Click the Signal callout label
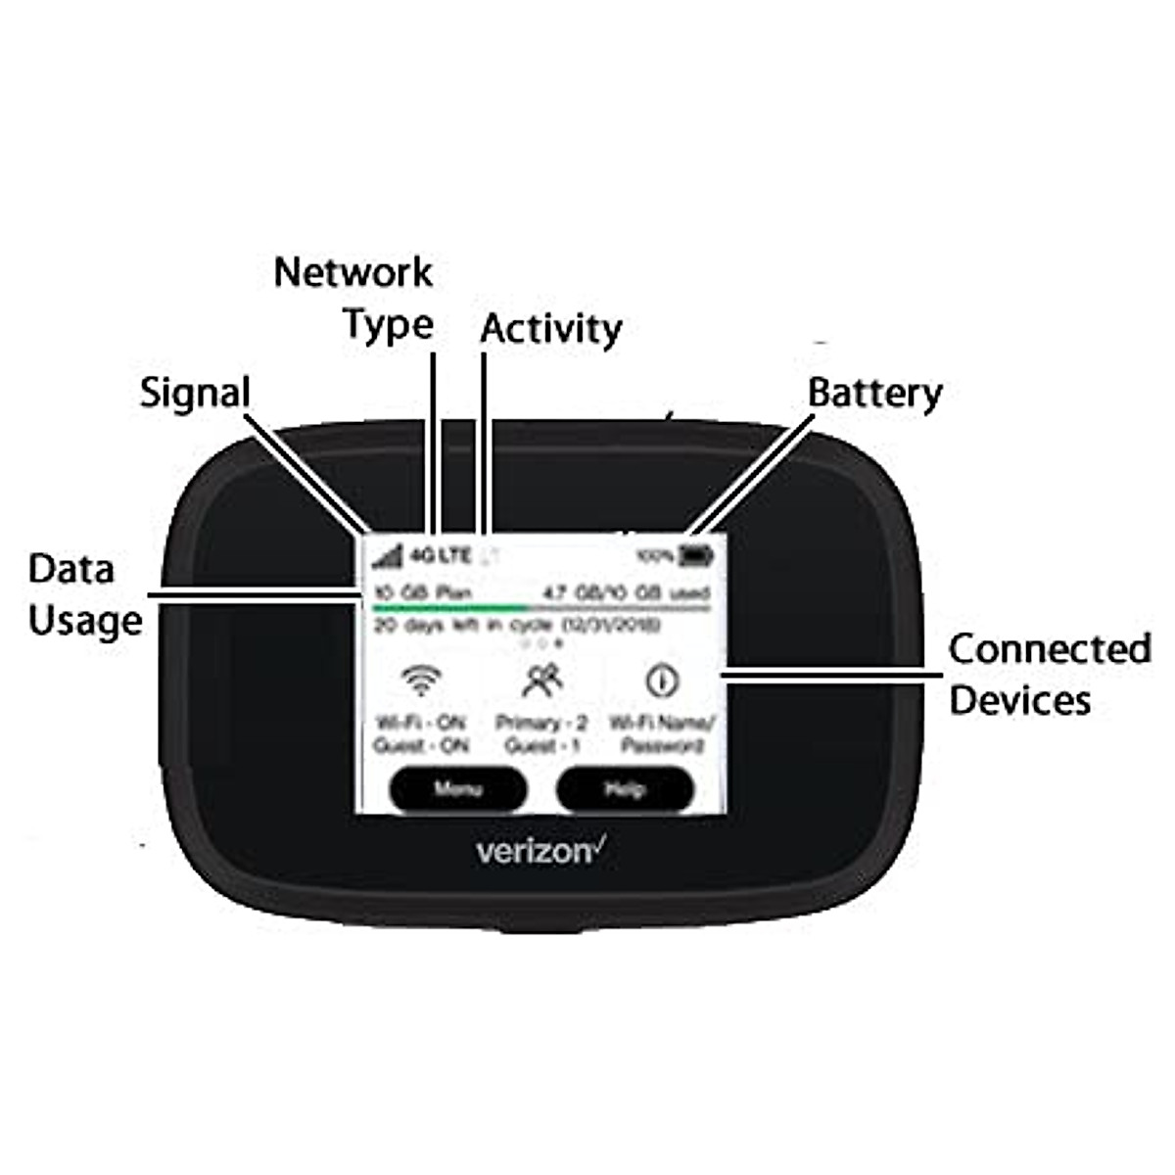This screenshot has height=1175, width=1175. tap(195, 394)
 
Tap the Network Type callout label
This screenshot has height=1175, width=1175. tap(353, 299)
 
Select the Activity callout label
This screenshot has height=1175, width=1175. tap(551, 329)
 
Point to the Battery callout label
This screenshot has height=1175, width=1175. tap(874, 394)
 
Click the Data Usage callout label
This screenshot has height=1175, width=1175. tap(85, 594)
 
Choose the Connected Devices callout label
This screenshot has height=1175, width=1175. tap(1049, 674)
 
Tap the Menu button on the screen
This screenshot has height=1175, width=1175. tap(457, 789)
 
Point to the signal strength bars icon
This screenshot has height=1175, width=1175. tap(387, 556)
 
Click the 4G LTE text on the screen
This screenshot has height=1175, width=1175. tap(441, 556)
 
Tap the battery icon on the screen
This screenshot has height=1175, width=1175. tap(695, 556)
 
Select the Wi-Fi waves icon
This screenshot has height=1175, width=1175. tap(421, 680)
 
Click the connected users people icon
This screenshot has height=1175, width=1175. tap(541, 680)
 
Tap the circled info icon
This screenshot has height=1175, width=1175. tap(663, 681)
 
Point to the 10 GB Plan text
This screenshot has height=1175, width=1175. tap(423, 593)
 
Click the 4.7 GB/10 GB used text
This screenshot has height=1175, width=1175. tap(626, 593)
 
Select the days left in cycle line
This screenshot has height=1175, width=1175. tap(517, 625)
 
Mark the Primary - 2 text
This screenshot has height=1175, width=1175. tap(541, 723)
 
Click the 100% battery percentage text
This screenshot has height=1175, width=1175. tap(654, 556)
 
